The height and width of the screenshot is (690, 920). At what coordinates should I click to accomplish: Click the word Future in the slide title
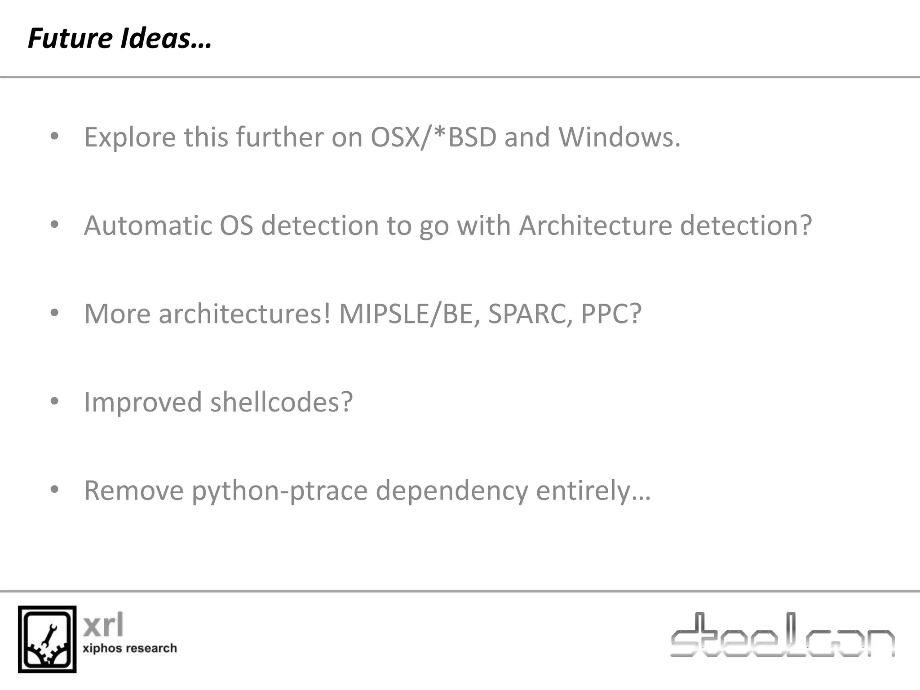69,39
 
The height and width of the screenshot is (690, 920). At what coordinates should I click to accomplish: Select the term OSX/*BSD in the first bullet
433,137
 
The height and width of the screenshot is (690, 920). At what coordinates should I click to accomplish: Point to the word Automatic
147,226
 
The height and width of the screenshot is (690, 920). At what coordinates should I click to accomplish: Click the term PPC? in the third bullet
611,314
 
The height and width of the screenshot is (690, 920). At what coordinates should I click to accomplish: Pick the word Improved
143,402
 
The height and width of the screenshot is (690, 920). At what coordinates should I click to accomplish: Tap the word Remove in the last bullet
134,491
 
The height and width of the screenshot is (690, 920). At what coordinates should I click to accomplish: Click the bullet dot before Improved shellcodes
54,401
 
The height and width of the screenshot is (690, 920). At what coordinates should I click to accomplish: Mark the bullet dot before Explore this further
54,136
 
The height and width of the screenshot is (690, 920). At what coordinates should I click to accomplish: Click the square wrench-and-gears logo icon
47,639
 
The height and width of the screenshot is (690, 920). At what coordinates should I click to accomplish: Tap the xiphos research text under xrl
130,648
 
